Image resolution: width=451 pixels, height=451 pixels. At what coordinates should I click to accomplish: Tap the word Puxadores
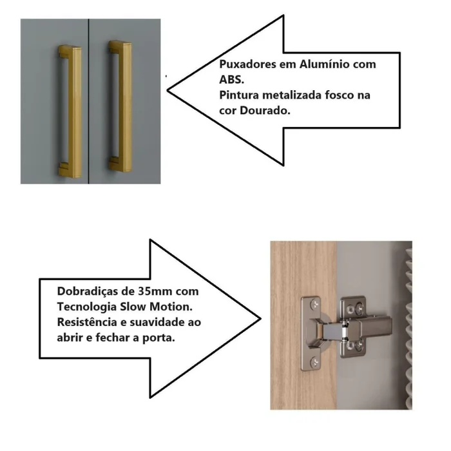click(248, 64)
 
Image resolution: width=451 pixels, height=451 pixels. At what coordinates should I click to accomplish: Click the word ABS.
click(231, 80)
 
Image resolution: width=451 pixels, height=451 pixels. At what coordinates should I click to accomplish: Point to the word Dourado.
click(265, 110)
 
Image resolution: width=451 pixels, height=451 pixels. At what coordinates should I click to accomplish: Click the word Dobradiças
click(87, 292)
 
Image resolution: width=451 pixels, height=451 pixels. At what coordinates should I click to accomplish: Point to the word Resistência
click(87, 322)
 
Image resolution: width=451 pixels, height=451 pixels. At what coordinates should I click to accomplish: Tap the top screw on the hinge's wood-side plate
click(314, 304)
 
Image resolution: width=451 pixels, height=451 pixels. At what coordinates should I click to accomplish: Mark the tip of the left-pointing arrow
click(168, 90)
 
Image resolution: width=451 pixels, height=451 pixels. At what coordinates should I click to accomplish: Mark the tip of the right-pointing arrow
click(260, 319)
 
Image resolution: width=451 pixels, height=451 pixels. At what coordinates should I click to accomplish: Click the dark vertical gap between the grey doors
click(89, 101)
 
